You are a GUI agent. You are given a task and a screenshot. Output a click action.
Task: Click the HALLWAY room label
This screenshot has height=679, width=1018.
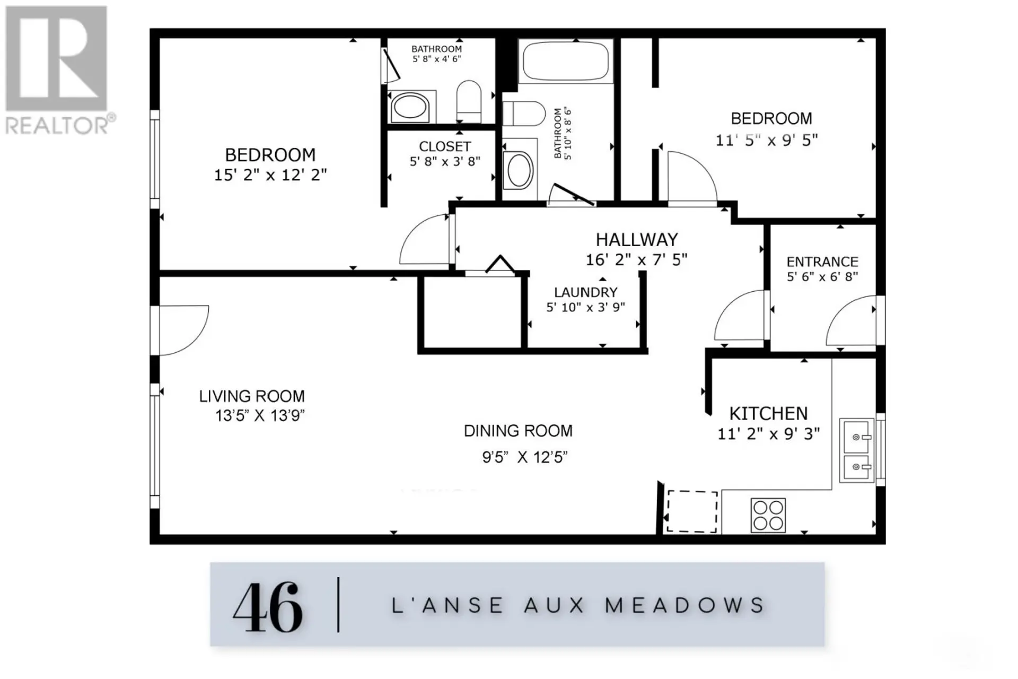pyautogui.click(x=636, y=240)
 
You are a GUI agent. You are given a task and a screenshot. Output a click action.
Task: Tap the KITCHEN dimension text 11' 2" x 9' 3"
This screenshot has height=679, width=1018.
pyautogui.click(x=768, y=434)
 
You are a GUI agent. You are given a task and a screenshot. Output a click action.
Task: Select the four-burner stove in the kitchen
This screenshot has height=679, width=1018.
pyautogui.click(x=768, y=515)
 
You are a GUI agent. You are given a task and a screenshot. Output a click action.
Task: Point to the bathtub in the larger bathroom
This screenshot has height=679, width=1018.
pyautogui.click(x=565, y=62)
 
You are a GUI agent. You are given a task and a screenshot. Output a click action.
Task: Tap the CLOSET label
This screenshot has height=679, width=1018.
pyautogui.click(x=445, y=146)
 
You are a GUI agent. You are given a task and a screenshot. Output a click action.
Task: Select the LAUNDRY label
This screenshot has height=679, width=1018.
pyautogui.click(x=585, y=292)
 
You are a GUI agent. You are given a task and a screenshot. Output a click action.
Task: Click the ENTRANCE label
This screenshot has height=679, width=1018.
pyautogui.click(x=822, y=262)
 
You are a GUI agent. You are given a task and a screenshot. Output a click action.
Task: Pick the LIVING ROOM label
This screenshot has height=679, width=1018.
pyautogui.click(x=252, y=396)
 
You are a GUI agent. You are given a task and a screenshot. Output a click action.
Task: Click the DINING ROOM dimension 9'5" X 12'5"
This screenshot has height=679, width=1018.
pyautogui.click(x=524, y=457)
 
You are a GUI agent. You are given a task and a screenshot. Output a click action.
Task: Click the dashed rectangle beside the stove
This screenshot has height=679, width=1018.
pyautogui.click(x=691, y=511)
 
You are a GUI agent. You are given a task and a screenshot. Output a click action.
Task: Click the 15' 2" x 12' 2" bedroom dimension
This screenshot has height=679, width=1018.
pyautogui.click(x=270, y=175)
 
